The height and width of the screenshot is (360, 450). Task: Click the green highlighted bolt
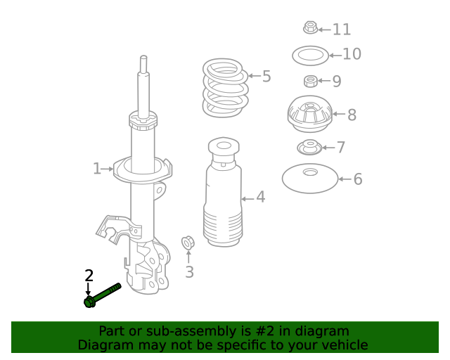click(103, 295)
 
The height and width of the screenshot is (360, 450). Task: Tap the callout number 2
click(89, 276)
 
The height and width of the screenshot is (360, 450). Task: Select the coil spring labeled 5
click(225, 88)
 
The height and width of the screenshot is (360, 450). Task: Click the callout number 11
click(342, 30)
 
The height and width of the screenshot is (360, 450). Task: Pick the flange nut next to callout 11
click(310, 27)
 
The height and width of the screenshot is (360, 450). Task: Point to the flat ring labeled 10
click(310, 56)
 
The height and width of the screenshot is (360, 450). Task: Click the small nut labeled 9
click(311, 82)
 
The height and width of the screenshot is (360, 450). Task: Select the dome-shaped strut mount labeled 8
click(310, 114)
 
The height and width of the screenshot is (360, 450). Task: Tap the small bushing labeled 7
click(309, 148)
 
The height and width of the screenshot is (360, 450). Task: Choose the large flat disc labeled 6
click(310, 179)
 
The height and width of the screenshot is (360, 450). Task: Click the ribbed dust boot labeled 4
click(223, 192)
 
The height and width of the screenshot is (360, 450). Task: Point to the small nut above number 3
click(188, 243)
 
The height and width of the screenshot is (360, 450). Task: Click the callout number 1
click(97, 169)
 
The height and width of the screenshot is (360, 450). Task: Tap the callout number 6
click(358, 179)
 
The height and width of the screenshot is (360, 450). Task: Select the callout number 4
click(261, 197)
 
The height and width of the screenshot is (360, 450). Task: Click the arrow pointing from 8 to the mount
click(339, 114)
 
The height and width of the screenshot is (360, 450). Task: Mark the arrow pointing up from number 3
click(188, 257)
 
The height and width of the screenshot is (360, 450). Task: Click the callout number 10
click(352, 54)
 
